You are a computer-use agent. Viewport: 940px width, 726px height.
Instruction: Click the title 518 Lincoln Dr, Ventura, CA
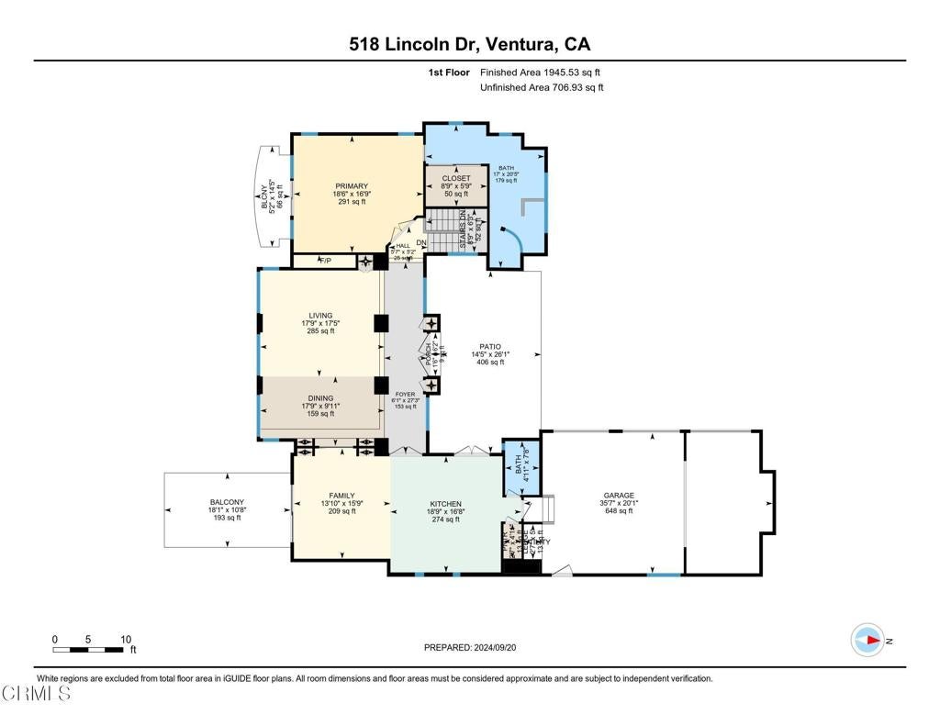point(469,43)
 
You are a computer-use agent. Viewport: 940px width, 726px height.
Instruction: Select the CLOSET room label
point(456,178)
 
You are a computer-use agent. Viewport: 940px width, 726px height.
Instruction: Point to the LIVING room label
point(320,316)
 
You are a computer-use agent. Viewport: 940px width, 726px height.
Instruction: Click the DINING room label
point(320,398)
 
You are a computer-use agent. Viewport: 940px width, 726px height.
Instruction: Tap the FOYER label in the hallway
point(405,395)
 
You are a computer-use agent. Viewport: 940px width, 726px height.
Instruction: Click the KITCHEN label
point(445,504)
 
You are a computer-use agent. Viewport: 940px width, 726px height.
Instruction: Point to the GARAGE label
point(618,496)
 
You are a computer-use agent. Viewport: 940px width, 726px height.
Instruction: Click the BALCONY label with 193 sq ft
point(226,502)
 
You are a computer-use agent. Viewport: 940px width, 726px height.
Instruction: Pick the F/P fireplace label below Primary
point(323,262)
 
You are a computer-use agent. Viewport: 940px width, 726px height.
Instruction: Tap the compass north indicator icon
point(867,640)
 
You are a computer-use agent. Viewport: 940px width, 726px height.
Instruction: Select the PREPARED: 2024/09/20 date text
point(469,647)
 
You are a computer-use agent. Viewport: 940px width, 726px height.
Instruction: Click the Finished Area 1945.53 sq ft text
point(540,72)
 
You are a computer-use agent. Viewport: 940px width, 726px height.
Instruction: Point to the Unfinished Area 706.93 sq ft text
point(542,87)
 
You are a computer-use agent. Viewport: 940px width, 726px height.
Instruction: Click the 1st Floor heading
point(448,72)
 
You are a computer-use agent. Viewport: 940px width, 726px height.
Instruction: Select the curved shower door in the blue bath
point(519,240)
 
